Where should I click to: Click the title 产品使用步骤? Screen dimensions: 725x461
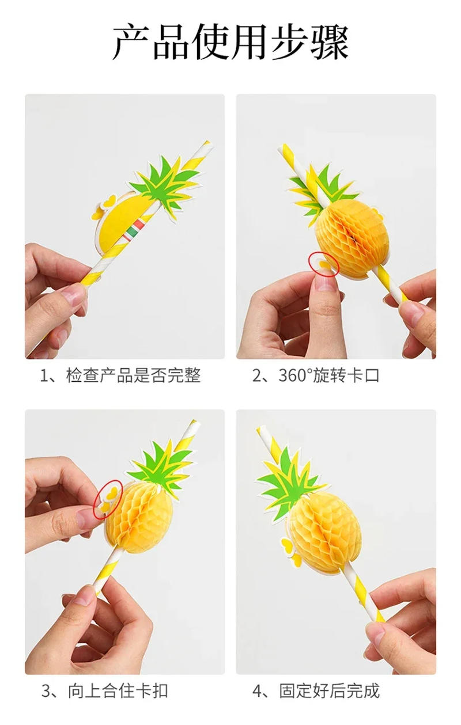[231, 41]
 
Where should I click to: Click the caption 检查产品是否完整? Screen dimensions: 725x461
[133, 376]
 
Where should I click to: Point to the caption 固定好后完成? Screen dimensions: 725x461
[329, 691]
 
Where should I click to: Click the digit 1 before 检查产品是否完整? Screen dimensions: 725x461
[44, 376]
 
